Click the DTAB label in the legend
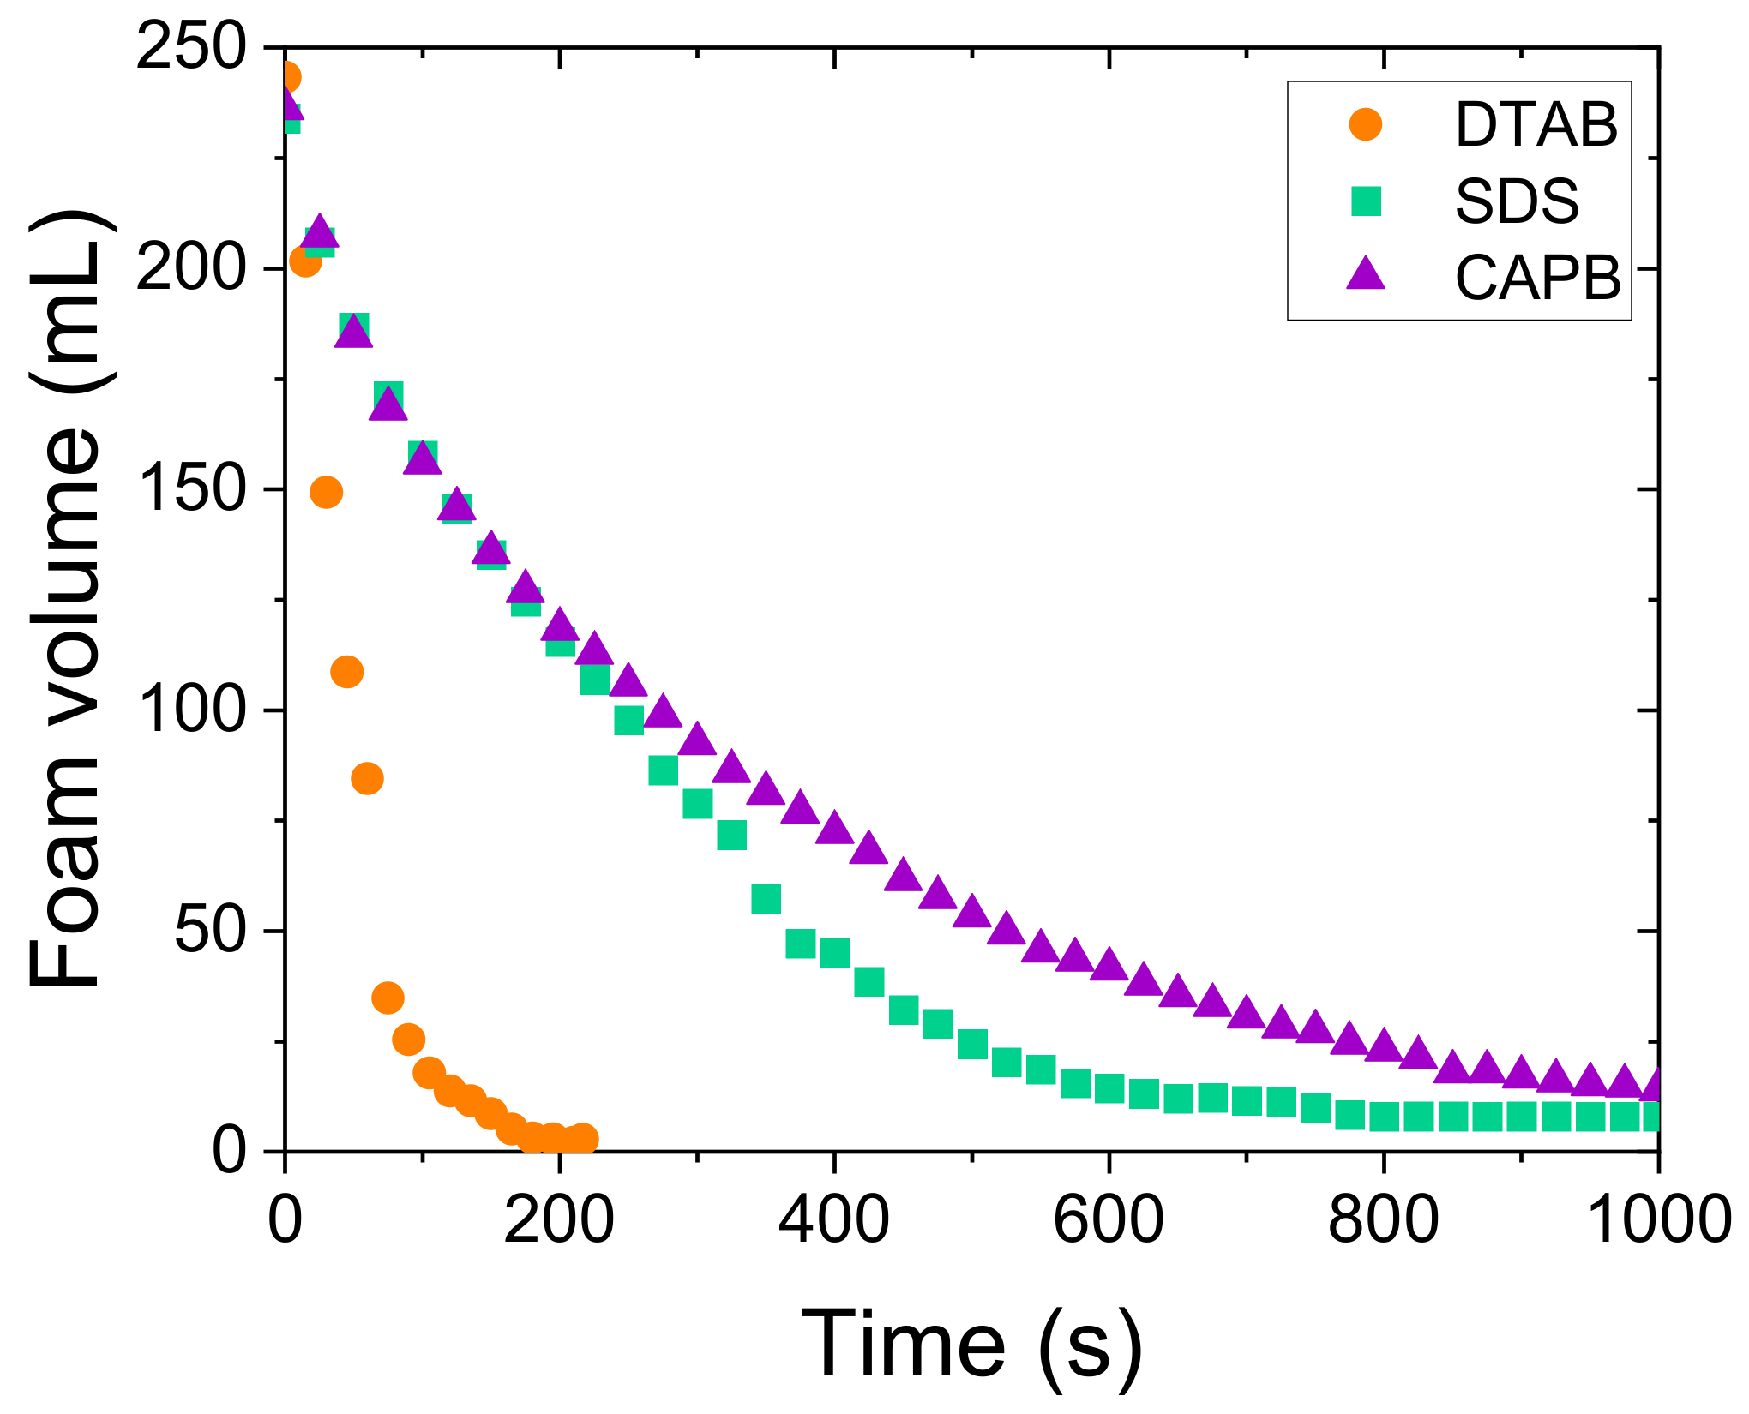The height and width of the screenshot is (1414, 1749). coord(1536,125)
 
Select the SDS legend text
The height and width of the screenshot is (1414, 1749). coord(1517,202)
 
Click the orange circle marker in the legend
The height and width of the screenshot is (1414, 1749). coord(1366,124)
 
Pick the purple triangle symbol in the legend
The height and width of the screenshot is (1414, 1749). coord(1366,275)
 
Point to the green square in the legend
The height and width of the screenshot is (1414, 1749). coord(1366,201)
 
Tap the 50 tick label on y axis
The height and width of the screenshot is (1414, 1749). coord(211,931)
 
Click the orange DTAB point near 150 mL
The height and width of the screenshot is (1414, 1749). coord(326,493)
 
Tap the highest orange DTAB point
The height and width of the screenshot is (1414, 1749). coord(288,77)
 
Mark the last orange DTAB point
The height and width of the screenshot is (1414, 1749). coord(583,1139)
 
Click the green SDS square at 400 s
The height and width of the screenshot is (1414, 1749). coord(834,952)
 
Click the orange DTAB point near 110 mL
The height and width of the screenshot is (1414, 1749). coord(346,672)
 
